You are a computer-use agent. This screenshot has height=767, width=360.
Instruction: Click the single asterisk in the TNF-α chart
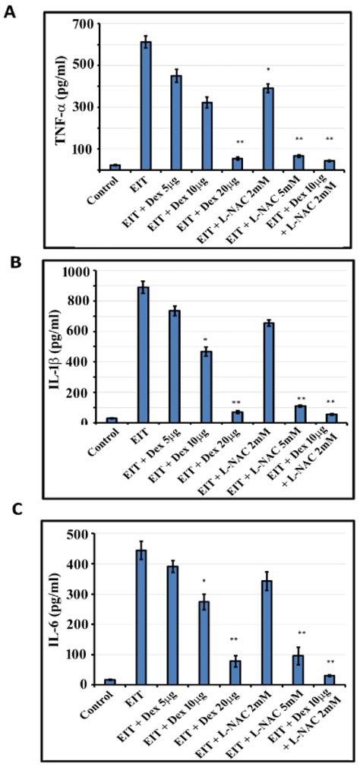click(x=268, y=71)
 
